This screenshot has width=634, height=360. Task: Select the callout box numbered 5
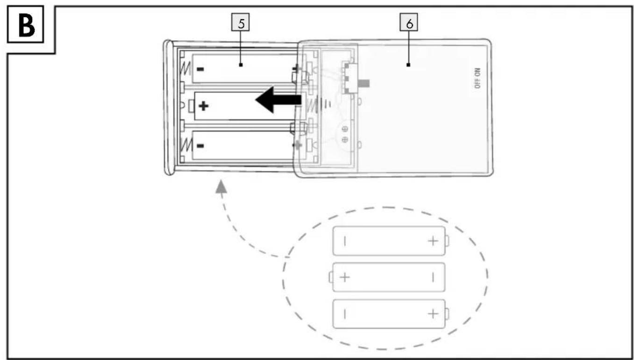[241, 22]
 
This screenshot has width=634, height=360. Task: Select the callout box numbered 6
[409, 22]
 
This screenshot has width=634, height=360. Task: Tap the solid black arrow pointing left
[278, 100]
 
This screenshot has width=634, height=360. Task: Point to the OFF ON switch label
[477, 79]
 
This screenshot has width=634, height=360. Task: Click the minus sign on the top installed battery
[200, 69]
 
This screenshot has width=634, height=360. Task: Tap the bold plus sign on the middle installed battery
[204, 106]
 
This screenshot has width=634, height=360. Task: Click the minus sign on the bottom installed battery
[200, 146]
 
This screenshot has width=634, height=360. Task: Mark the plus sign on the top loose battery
[433, 241]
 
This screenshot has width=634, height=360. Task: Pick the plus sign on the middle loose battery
[345, 277]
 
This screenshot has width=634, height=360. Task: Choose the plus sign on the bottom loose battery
[433, 314]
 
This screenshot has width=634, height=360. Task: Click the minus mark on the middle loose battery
[433, 278]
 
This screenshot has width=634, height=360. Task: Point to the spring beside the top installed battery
[186, 69]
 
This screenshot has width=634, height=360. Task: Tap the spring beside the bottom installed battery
[186, 145]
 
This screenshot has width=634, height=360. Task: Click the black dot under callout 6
[408, 65]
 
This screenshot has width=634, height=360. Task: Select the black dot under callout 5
[241, 65]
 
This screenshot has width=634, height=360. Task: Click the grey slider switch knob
[363, 83]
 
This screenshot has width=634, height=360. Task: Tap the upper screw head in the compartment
[345, 129]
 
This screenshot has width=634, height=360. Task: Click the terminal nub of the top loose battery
[447, 241]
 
